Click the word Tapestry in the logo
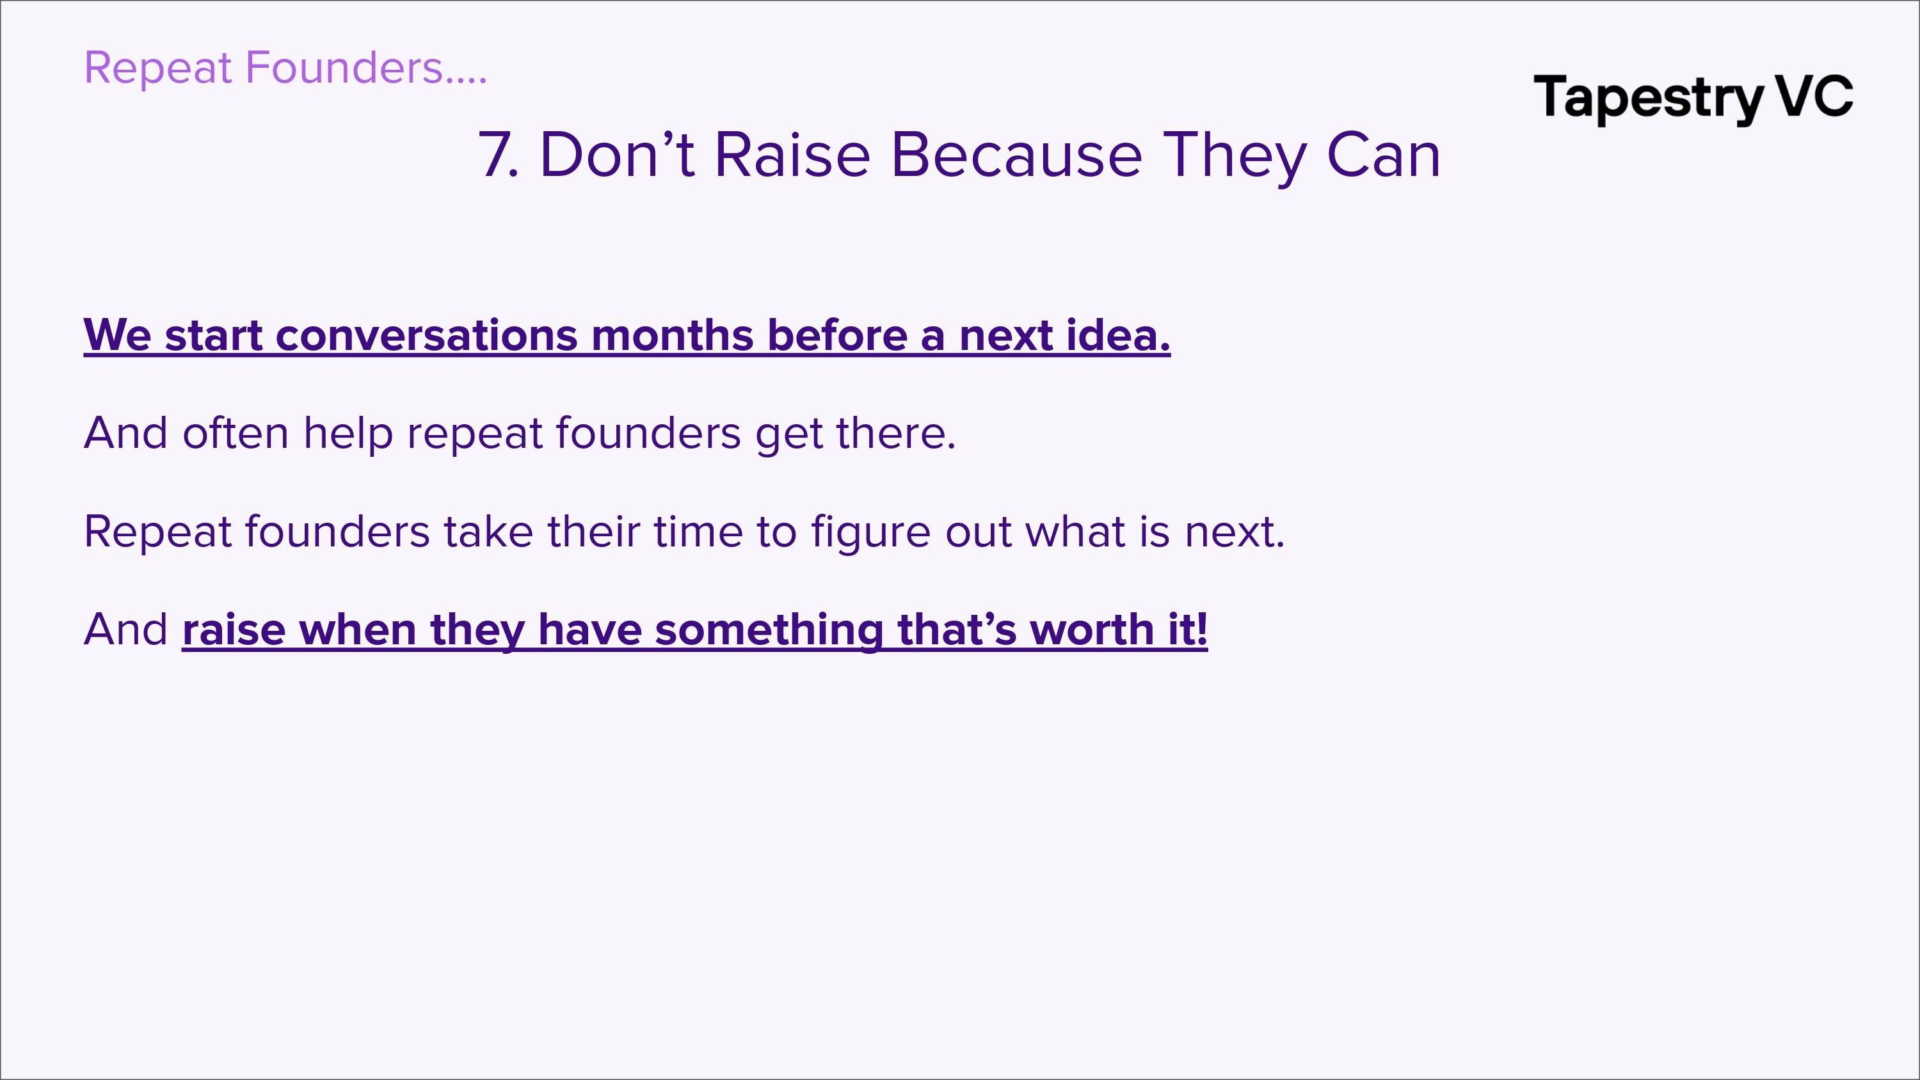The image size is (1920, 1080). click(1648, 100)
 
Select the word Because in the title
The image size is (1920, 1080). click(1017, 155)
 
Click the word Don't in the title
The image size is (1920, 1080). click(617, 155)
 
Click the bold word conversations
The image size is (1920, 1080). click(426, 335)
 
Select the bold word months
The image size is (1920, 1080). click(672, 335)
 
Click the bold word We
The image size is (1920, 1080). click(117, 335)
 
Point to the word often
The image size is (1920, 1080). click(236, 433)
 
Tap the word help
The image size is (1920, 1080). click(348, 434)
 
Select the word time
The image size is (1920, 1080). click(698, 532)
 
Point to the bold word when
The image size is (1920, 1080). click(358, 630)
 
